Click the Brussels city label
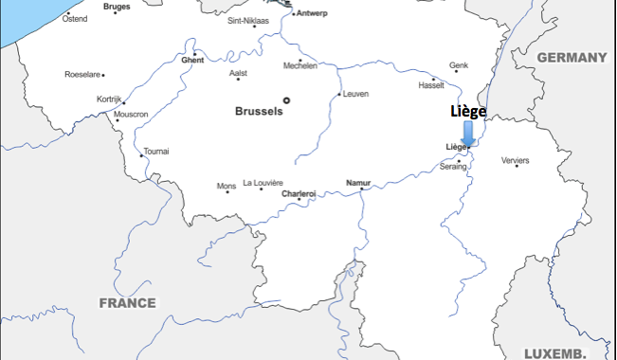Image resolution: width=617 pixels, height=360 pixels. [259, 111]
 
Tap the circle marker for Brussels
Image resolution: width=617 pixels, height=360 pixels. [286, 99]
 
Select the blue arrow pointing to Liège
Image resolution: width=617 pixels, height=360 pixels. [468, 133]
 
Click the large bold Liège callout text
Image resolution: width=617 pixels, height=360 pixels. [468, 112]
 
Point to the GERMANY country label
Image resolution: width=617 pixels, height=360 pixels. [572, 58]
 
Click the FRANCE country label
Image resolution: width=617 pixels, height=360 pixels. [128, 303]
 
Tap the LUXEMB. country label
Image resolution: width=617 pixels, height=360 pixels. [555, 352]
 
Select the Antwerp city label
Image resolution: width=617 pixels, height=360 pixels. [313, 13]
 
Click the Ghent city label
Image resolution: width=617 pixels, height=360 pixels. [192, 61]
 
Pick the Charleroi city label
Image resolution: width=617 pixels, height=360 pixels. [299, 194]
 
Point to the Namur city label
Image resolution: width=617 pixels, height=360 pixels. [358, 182]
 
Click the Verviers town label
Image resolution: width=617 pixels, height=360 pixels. [516, 160]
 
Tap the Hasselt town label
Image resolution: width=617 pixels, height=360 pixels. [431, 85]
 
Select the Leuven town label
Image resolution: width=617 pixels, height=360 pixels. [356, 94]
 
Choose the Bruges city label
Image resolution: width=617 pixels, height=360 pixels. [117, 7]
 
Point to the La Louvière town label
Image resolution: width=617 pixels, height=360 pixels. [263, 183]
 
